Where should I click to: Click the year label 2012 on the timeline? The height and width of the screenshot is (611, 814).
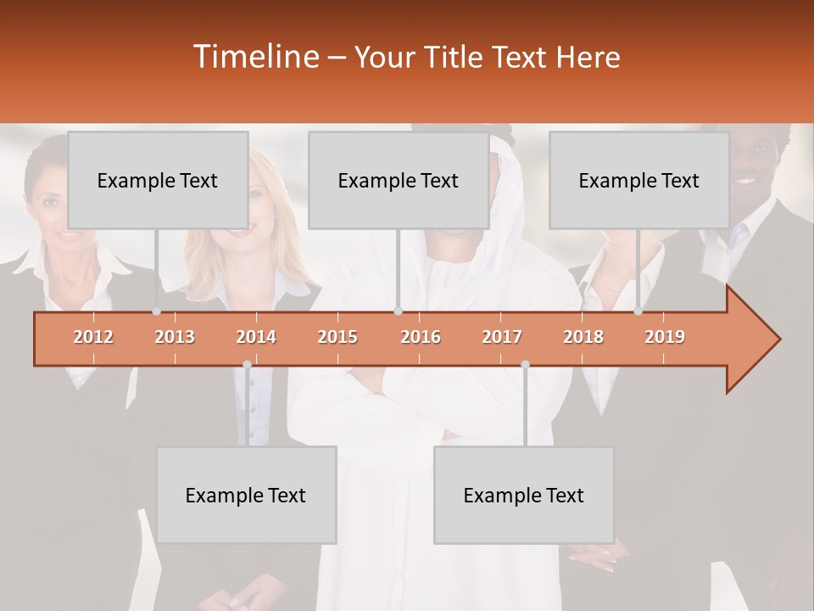(93, 337)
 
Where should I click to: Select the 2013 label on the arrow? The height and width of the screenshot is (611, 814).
(175, 337)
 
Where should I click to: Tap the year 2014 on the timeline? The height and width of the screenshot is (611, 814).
(256, 337)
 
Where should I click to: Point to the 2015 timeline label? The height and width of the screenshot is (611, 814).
(337, 337)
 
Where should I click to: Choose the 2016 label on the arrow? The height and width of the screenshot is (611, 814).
(421, 337)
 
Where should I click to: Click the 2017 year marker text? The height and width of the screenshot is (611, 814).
(502, 337)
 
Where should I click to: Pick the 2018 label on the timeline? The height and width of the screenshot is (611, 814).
(583, 337)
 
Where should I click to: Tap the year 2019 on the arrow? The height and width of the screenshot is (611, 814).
(665, 337)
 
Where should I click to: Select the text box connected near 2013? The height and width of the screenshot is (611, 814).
(158, 180)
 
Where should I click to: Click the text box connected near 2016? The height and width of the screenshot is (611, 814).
(399, 180)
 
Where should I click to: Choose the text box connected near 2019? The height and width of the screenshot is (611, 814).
(639, 180)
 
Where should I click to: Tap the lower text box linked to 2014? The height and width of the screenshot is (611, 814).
(246, 495)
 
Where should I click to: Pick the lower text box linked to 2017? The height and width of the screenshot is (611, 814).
(524, 495)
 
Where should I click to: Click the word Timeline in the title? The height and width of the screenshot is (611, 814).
(255, 57)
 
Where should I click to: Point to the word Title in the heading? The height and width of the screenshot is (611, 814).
(457, 58)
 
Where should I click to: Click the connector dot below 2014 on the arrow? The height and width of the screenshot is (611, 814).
(247, 364)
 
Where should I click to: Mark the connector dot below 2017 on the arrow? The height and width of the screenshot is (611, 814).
(525, 364)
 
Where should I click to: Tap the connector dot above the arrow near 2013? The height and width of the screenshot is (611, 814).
(156, 311)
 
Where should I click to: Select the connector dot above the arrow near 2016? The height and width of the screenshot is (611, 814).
(398, 311)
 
